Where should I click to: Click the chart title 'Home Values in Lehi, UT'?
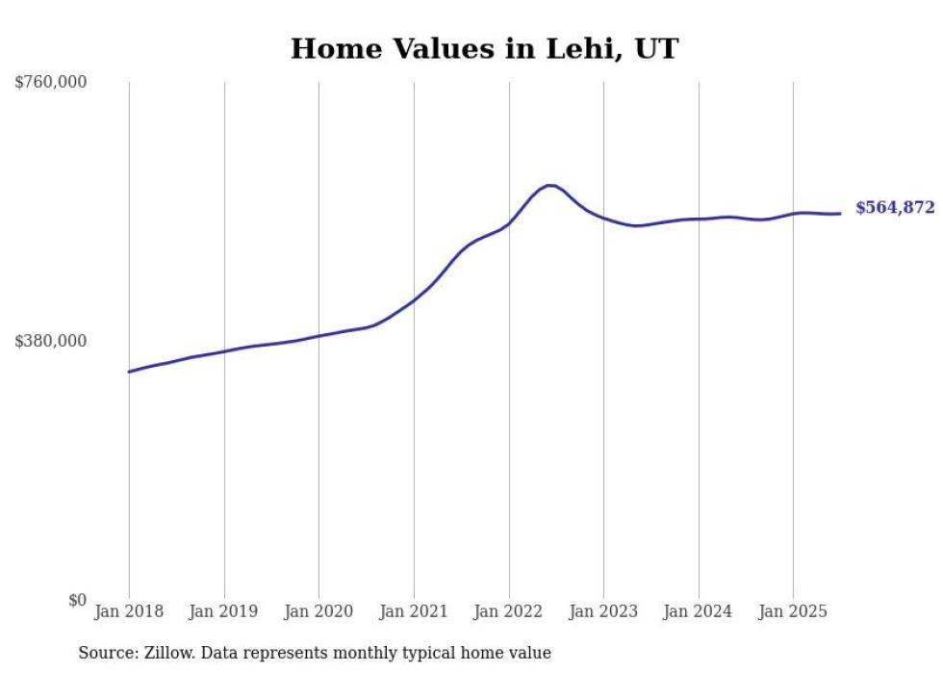tap(484, 48)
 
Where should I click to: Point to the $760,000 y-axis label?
tap(51, 83)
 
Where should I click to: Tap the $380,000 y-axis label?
tap(51, 341)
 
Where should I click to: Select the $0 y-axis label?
tap(77, 600)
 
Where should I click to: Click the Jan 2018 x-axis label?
tap(129, 611)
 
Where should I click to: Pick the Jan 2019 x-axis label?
tap(224, 611)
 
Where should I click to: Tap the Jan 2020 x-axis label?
tap(319, 611)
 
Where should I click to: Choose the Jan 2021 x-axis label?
tap(414, 611)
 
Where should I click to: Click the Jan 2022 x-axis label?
tap(509, 611)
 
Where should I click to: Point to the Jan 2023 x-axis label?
tap(603, 611)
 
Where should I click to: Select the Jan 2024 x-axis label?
tap(699, 611)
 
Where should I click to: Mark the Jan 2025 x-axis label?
tap(793, 611)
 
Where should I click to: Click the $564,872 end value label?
tap(895, 208)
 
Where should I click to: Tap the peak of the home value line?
tap(549, 185)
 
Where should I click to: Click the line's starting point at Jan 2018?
tap(129, 372)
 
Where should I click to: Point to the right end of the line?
tap(840, 214)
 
